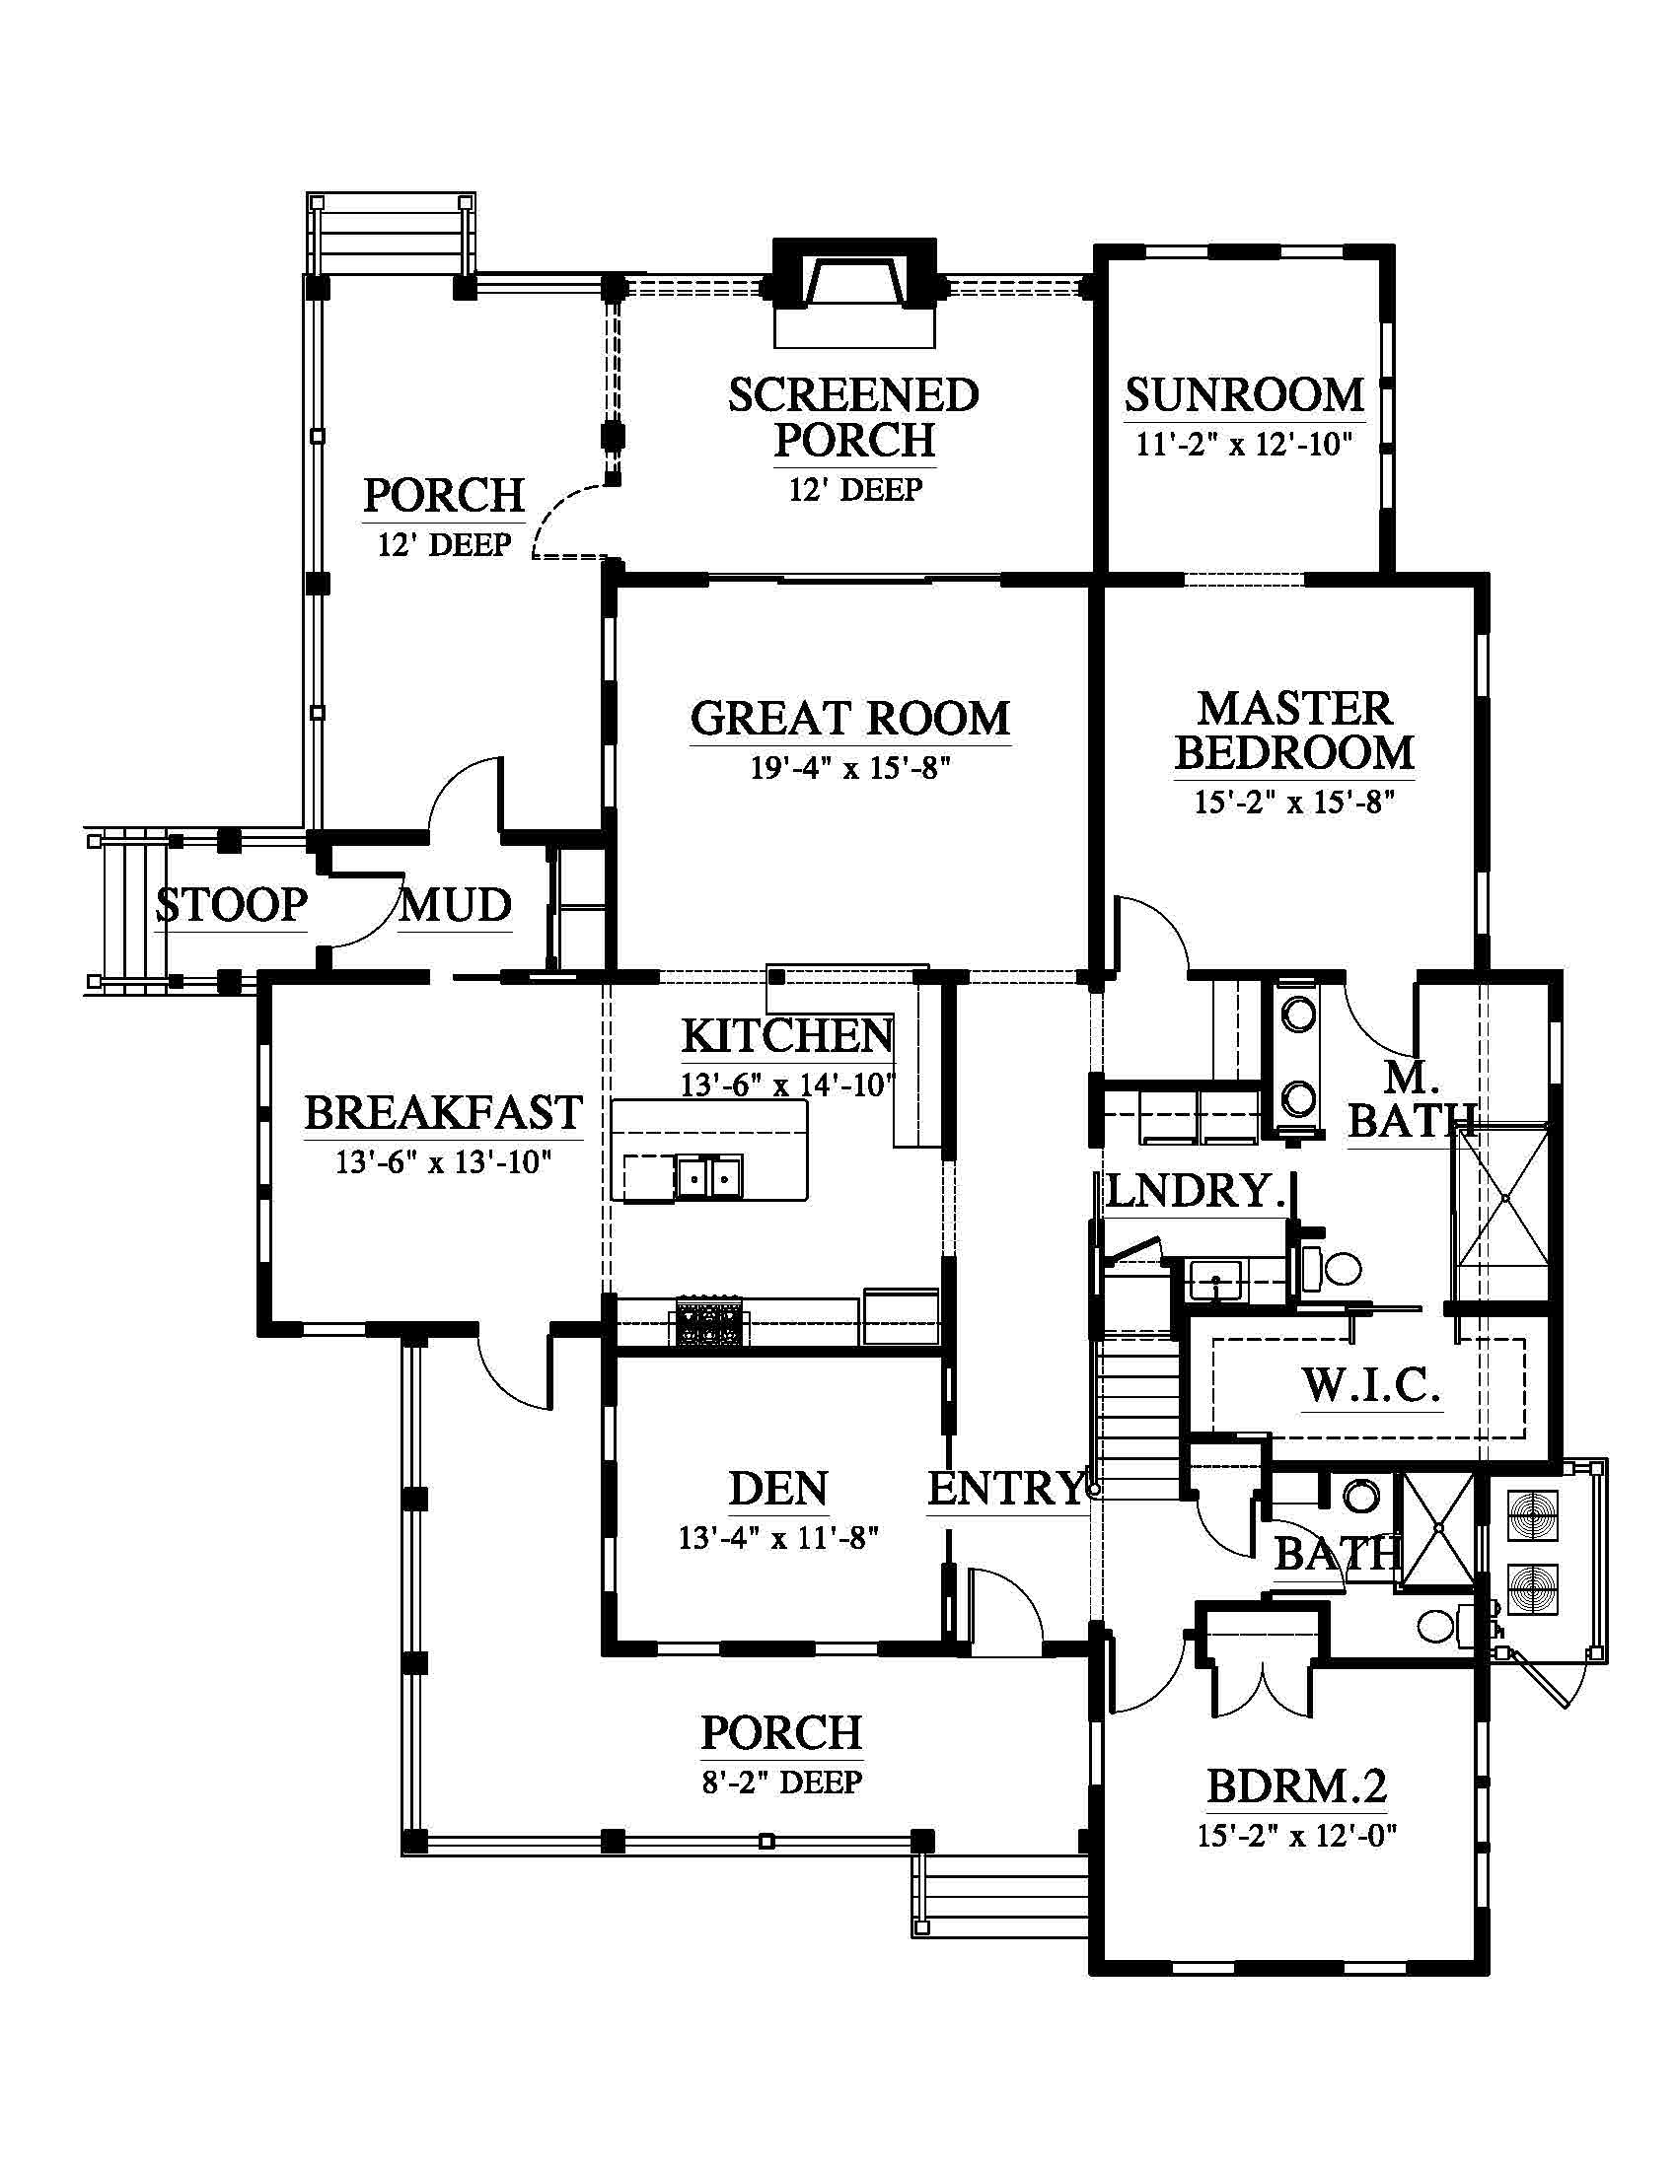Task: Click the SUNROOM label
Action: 1244,395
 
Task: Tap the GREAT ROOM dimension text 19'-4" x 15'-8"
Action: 850,768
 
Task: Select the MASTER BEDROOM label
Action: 1294,731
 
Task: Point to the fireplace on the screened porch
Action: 854,292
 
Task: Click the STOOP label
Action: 232,905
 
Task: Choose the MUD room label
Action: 456,905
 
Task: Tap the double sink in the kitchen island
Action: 708,1177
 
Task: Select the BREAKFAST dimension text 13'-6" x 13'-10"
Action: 443,1161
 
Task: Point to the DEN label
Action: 778,1489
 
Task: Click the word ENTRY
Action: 1005,1488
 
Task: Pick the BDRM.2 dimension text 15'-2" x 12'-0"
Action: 1296,1836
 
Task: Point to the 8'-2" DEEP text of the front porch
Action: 782,1783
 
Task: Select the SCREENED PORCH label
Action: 854,417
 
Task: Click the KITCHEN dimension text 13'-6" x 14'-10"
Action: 787,1084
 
